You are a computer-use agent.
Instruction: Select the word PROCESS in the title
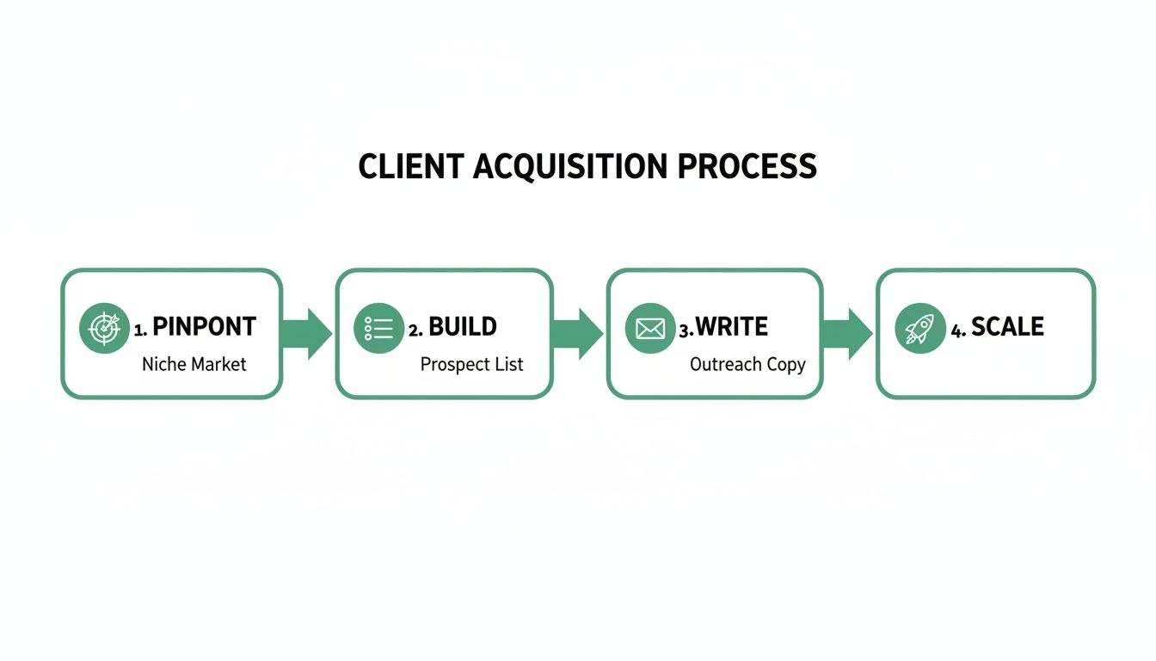(x=747, y=166)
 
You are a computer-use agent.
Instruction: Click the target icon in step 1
(x=104, y=328)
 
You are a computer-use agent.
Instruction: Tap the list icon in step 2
(x=379, y=328)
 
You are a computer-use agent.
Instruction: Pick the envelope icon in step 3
(x=650, y=328)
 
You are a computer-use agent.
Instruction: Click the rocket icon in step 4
(x=920, y=328)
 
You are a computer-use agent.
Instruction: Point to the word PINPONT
(x=204, y=327)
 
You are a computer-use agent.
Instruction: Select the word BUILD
(x=463, y=327)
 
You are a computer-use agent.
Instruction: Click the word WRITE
(x=731, y=327)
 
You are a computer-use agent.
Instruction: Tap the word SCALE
(x=1007, y=327)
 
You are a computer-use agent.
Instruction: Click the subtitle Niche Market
(x=194, y=364)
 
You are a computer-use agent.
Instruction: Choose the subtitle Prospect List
(x=471, y=364)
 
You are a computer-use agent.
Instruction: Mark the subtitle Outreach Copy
(x=747, y=364)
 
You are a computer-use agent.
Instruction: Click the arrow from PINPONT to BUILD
(x=308, y=333)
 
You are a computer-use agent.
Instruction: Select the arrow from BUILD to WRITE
(x=579, y=333)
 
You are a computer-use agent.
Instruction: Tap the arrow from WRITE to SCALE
(x=849, y=333)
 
